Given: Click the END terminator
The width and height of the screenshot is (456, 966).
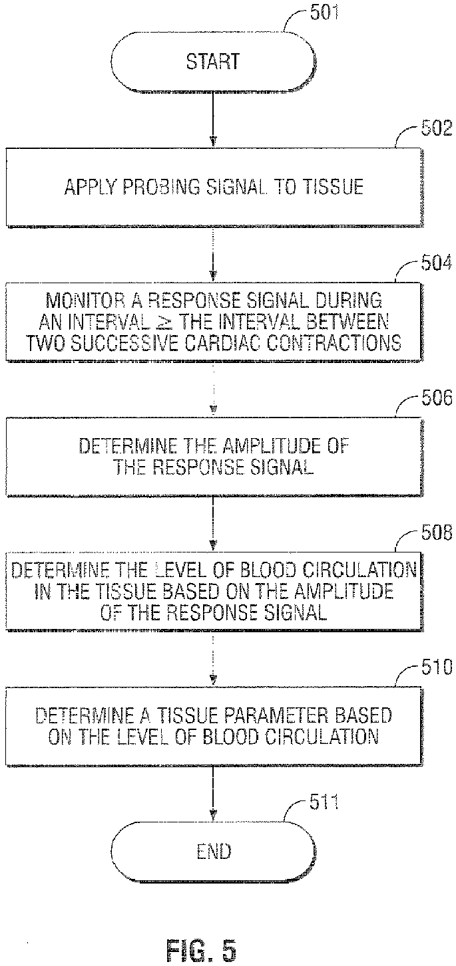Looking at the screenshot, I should [x=213, y=851].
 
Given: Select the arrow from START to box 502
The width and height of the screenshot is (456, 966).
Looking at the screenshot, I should [x=213, y=120].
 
